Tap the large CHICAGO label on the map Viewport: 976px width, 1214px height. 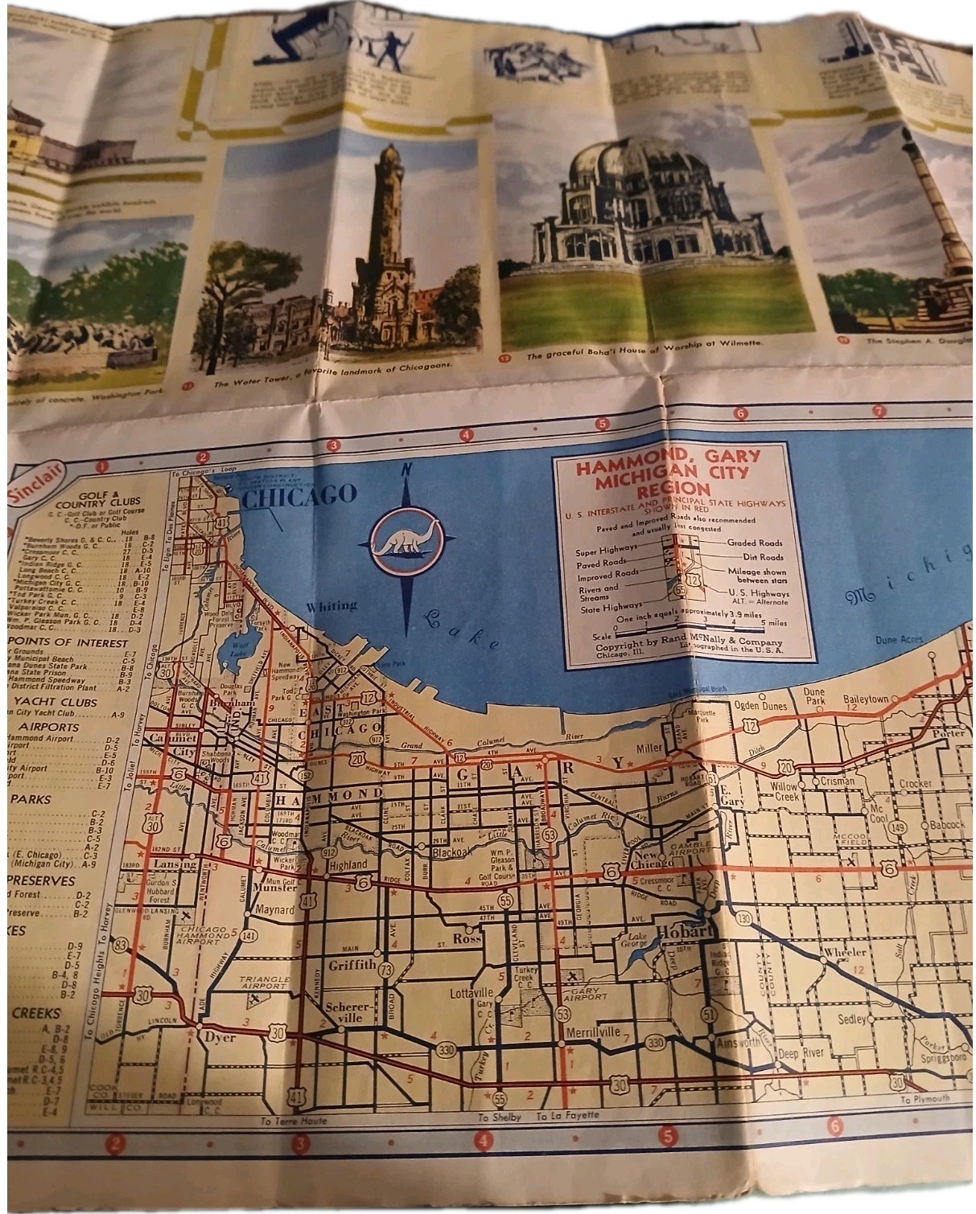pos(299,495)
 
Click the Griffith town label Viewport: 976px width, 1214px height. pos(352,965)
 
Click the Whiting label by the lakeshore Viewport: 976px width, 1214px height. pos(332,605)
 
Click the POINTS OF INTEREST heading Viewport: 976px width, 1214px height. pos(68,643)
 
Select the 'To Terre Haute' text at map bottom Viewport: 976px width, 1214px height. pos(294,1121)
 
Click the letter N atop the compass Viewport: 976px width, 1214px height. pos(407,470)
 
